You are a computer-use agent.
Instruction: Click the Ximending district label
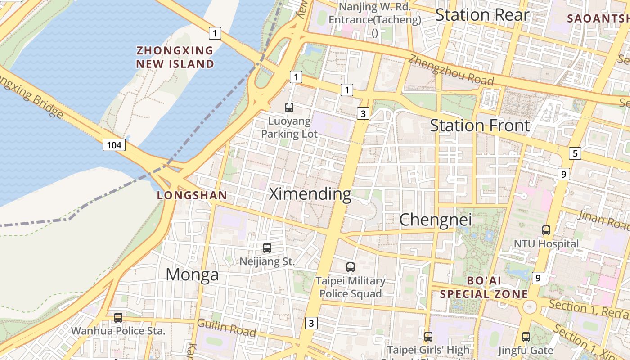[310, 194]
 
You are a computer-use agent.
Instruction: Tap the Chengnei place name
[436, 220]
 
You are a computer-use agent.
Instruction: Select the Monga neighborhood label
[192, 274]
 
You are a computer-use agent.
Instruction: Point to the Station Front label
[480, 125]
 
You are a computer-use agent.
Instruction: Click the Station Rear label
[482, 15]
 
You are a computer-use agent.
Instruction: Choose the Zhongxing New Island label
[175, 57]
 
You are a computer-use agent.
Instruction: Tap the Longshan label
[192, 195]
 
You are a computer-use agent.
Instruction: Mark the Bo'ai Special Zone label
[484, 287]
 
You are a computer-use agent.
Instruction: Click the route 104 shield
[114, 145]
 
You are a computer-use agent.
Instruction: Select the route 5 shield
[575, 153]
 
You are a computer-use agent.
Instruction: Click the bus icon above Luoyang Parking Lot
[289, 108]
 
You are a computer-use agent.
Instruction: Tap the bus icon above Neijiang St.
[267, 247]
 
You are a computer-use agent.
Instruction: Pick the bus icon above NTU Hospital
[546, 230]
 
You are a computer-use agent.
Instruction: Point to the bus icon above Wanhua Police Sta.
[118, 317]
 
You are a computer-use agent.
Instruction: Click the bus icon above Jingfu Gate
[526, 337]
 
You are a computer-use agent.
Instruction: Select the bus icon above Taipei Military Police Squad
[351, 267]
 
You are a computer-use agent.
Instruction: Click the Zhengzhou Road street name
[451, 71]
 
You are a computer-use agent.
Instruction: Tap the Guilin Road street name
[226, 328]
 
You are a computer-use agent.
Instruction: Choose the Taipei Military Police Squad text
[351, 287]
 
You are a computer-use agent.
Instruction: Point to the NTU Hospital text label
[546, 244]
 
